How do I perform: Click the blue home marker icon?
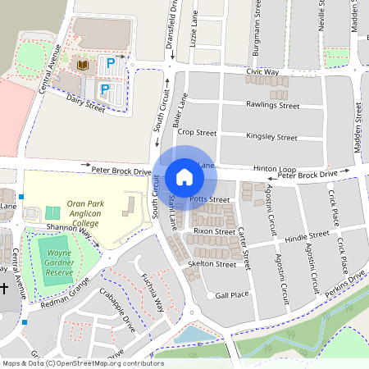[184, 176]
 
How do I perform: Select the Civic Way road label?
[262, 72]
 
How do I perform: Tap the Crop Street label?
[197, 132]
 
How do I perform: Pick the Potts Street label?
[209, 199]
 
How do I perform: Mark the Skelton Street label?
[212, 264]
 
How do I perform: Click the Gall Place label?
[232, 294]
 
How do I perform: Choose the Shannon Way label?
[70, 233]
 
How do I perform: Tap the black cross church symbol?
[4, 289]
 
